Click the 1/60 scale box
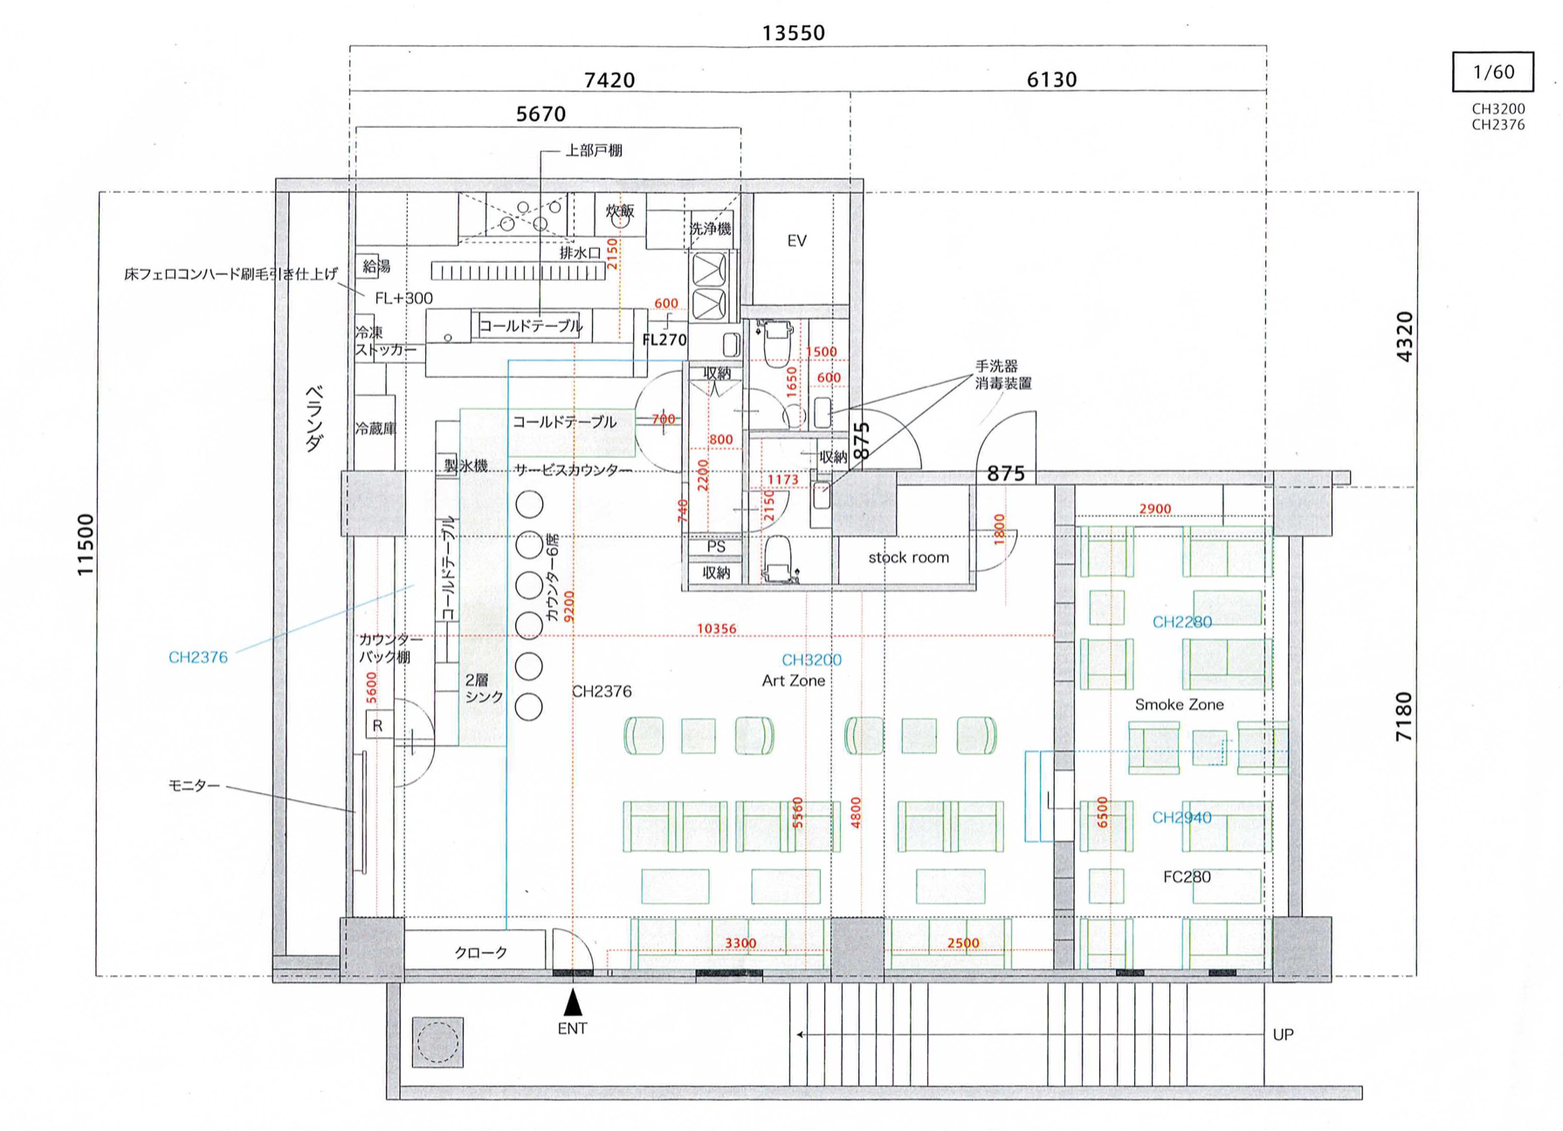1492,72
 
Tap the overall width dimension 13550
793,33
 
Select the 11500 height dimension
85,545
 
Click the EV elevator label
796,240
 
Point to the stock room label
908,557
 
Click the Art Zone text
793,680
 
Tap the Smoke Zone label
1179,704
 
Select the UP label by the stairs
1283,1034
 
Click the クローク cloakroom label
480,952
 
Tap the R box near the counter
378,725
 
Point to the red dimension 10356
716,628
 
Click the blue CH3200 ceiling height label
811,659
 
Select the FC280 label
1187,876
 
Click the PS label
716,547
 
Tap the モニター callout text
194,786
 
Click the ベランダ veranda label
314,417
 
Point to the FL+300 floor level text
403,298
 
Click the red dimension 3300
740,943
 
